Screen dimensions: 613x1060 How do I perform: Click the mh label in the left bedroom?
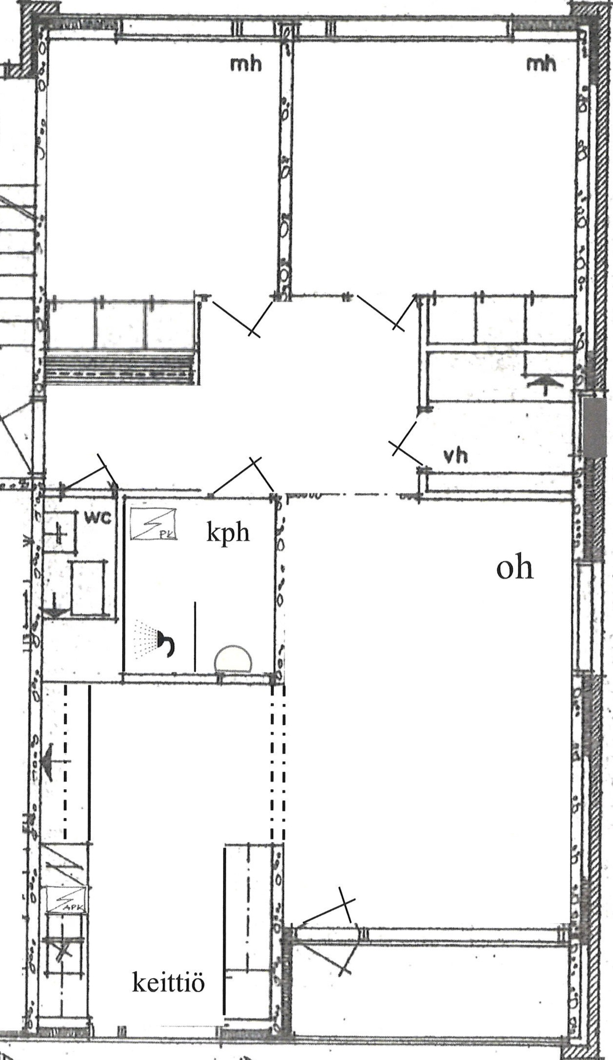[x=246, y=64]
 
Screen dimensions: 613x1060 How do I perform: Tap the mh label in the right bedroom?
[x=541, y=64]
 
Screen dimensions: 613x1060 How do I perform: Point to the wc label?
[x=98, y=517]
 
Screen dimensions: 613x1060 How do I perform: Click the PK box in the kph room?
[x=153, y=523]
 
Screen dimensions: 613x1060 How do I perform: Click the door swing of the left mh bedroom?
[x=239, y=316]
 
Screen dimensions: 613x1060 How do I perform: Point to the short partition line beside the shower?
[x=196, y=636]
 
